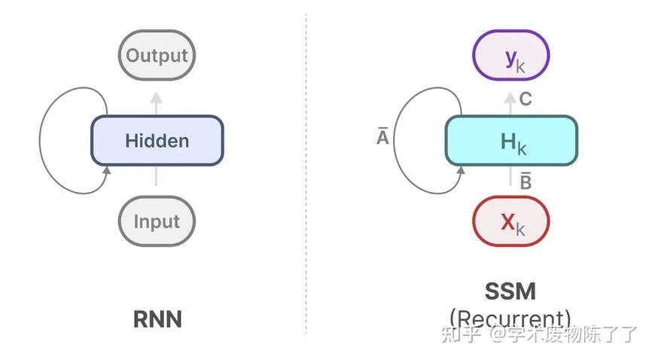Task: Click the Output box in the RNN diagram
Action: click(x=157, y=56)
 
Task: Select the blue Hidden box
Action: click(x=157, y=141)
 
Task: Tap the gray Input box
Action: click(x=157, y=221)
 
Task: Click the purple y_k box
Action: click(x=510, y=56)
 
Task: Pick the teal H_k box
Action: click(x=510, y=141)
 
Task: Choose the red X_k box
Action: click(x=510, y=221)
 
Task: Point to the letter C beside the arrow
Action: click(x=526, y=99)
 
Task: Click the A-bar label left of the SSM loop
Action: click(x=382, y=138)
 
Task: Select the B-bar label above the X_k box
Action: click(x=526, y=181)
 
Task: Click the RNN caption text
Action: click(x=157, y=319)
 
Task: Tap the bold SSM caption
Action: click(x=510, y=292)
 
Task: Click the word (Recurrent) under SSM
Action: click(x=510, y=319)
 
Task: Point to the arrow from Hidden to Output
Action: click(x=157, y=102)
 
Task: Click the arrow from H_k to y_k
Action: click(x=510, y=102)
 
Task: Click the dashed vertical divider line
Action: click(x=306, y=173)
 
